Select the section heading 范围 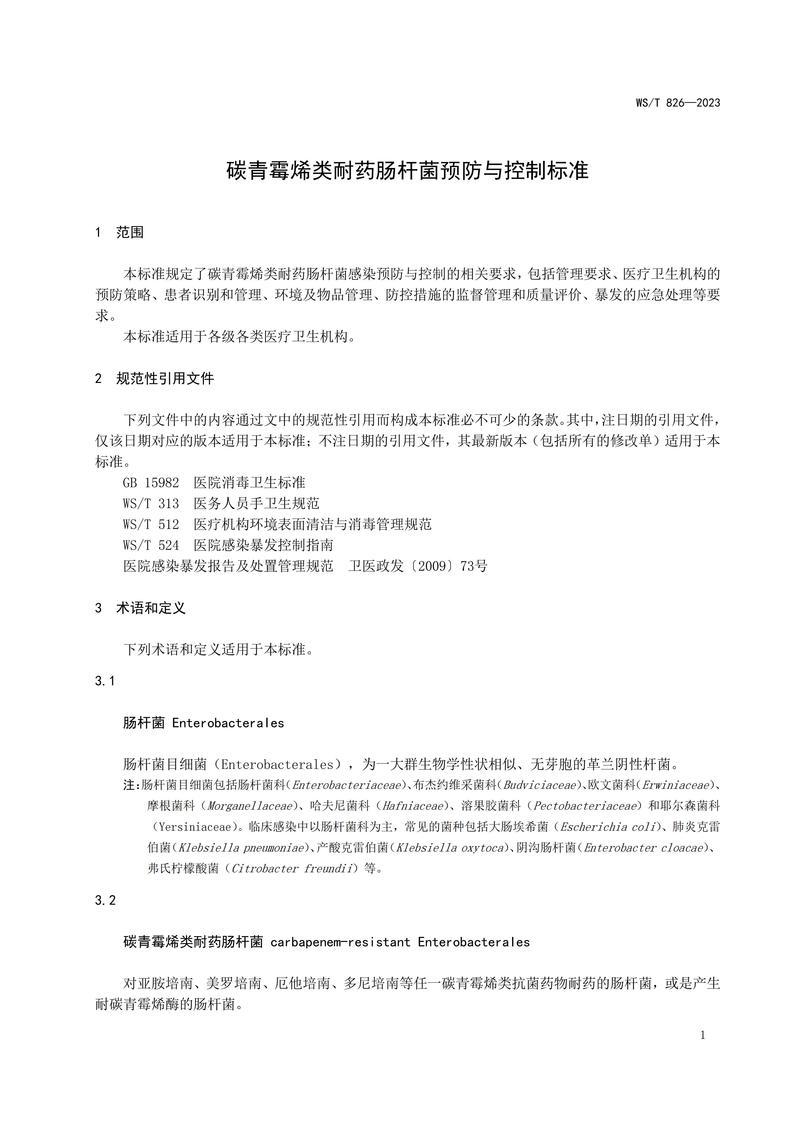click(x=130, y=232)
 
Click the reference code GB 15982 click(x=151, y=483)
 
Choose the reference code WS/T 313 click(x=151, y=504)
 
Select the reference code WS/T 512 click(x=151, y=525)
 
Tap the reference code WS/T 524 click(x=151, y=545)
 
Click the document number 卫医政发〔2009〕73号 click(x=418, y=567)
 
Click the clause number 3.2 click(x=105, y=900)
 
